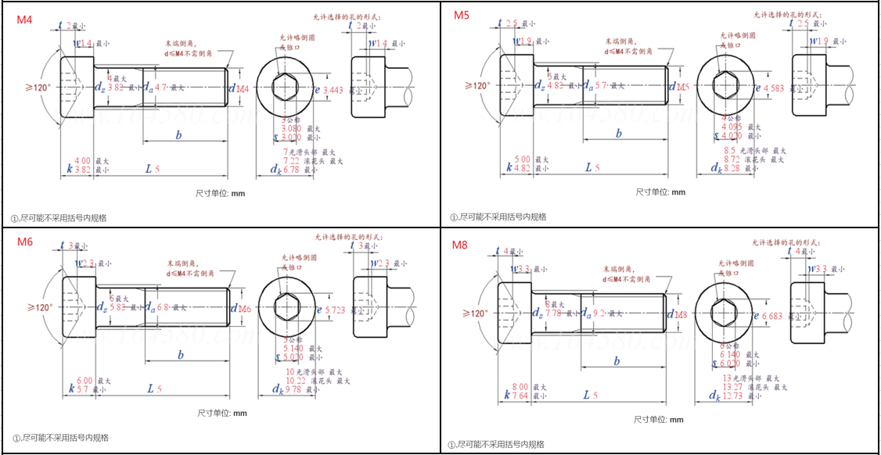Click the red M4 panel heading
pos(25,20)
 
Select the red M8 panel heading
pos(460,245)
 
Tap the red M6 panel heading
pos(25,242)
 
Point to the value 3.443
pos(333,90)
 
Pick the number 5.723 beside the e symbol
pos(335,310)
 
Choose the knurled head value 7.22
pos(291,159)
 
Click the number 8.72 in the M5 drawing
pos(731,159)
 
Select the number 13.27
pos(732,386)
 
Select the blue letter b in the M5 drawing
pos(619,134)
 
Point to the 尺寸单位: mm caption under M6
pos(222,413)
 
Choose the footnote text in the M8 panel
pos(497,444)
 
